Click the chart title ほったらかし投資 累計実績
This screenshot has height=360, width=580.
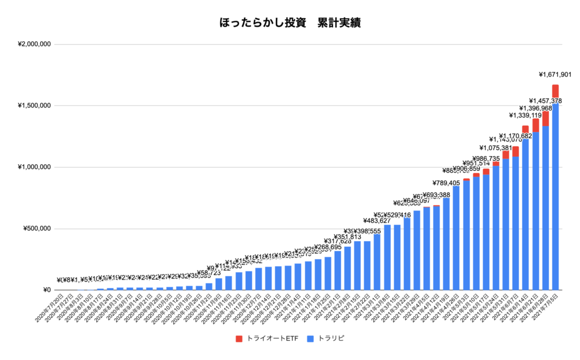[290, 23]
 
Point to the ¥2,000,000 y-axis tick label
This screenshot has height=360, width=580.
[35, 44]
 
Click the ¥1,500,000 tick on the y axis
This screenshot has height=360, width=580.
[35, 106]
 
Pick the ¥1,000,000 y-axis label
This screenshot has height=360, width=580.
[35, 168]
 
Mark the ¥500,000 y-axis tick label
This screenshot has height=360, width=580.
[39, 229]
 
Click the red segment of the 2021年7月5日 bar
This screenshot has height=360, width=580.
[555, 91]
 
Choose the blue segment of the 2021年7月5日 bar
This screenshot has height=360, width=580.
[555, 198]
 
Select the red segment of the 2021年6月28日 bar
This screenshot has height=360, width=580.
[545, 118]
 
